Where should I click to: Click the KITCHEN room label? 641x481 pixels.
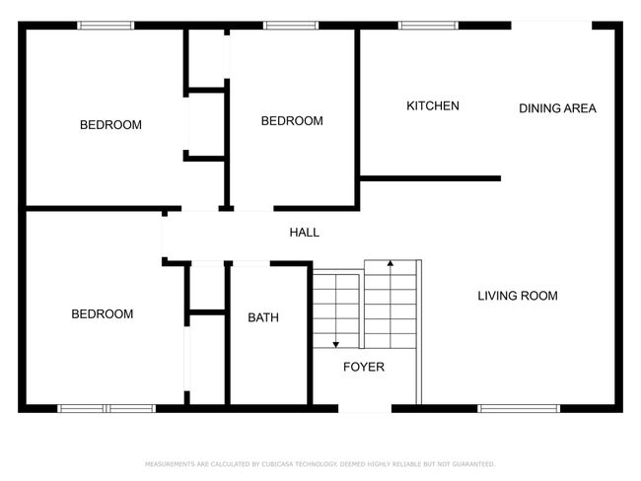click(x=433, y=105)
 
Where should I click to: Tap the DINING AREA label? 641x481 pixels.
click(x=557, y=108)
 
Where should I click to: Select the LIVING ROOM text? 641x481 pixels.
click(x=518, y=296)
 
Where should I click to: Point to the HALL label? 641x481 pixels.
click(x=304, y=233)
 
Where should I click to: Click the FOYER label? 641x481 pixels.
click(x=364, y=367)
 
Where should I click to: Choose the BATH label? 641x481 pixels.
click(x=263, y=317)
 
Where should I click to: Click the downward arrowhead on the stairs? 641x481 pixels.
click(x=335, y=345)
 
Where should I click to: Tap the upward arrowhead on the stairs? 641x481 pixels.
click(x=391, y=263)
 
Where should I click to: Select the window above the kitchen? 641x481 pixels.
click(x=428, y=26)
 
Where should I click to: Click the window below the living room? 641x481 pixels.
click(x=519, y=408)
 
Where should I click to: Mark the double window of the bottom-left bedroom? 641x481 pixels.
click(x=107, y=408)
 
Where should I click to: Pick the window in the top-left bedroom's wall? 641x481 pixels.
click(x=106, y=26)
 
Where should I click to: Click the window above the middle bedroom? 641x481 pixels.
click(x=291, y=26)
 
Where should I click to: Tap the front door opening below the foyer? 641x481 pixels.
click(x=365, y=408)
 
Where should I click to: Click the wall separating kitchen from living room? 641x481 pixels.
click(x=430, y=178)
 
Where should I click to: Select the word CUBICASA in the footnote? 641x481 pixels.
click(x=277, y=464)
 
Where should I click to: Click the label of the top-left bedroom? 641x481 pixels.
click(x=110, y=124)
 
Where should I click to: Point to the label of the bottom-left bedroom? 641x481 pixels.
click(x=103, y=313)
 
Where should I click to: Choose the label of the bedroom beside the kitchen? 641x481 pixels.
click(x=292, y=121)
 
